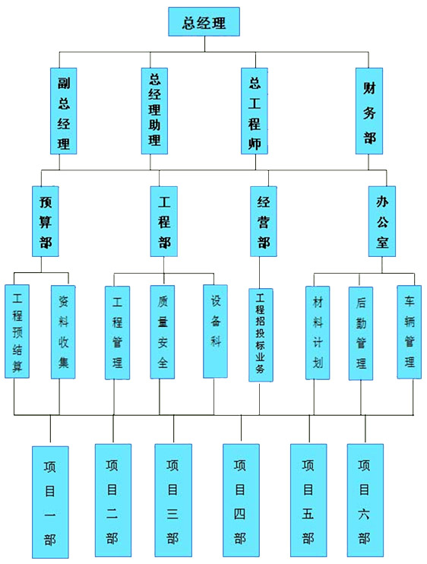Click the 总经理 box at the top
pos(204,21)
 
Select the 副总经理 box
pos(64,111)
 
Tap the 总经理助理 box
pos(154,111)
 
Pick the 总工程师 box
pos(255,111)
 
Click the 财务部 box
pos(369,111)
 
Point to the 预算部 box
pos(46,221)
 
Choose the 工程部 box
pos(164,221)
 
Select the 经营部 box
pos(264,221)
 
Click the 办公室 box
pos(382,221)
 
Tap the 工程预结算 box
pos(17,331)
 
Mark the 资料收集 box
pos(63,332)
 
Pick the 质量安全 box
pos(163,332)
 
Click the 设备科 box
pos(215,331)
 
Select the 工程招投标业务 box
pos(261,335)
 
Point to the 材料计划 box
pos(318,333)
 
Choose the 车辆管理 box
pos(409,332)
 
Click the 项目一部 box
pos(50,502)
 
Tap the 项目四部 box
pos(241,500)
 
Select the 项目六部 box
pos(365,500)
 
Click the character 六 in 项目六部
pos(364,515)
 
